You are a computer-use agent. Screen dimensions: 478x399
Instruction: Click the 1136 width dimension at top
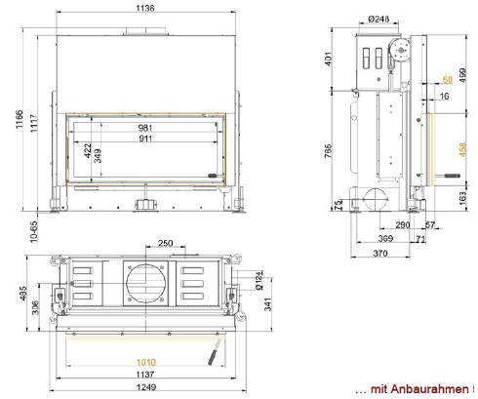tap(145, 8)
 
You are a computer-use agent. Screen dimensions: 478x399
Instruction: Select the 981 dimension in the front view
tap(145, 128)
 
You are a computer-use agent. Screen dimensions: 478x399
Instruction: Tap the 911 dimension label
tap(145, 139)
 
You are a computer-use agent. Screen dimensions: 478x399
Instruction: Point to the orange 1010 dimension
tap(146, 362)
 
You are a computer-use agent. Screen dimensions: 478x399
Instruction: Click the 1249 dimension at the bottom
tap(146, 387)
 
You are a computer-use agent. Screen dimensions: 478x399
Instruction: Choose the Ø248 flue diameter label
tap(378, 20)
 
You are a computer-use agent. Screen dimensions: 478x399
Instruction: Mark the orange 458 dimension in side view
tap(462, 149)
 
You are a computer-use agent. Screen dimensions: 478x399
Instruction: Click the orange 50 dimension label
tap(448, 79)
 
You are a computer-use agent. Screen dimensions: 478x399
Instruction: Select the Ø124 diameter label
tap(259, 281)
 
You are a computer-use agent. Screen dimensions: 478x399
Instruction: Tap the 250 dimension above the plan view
tap(165, 243)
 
